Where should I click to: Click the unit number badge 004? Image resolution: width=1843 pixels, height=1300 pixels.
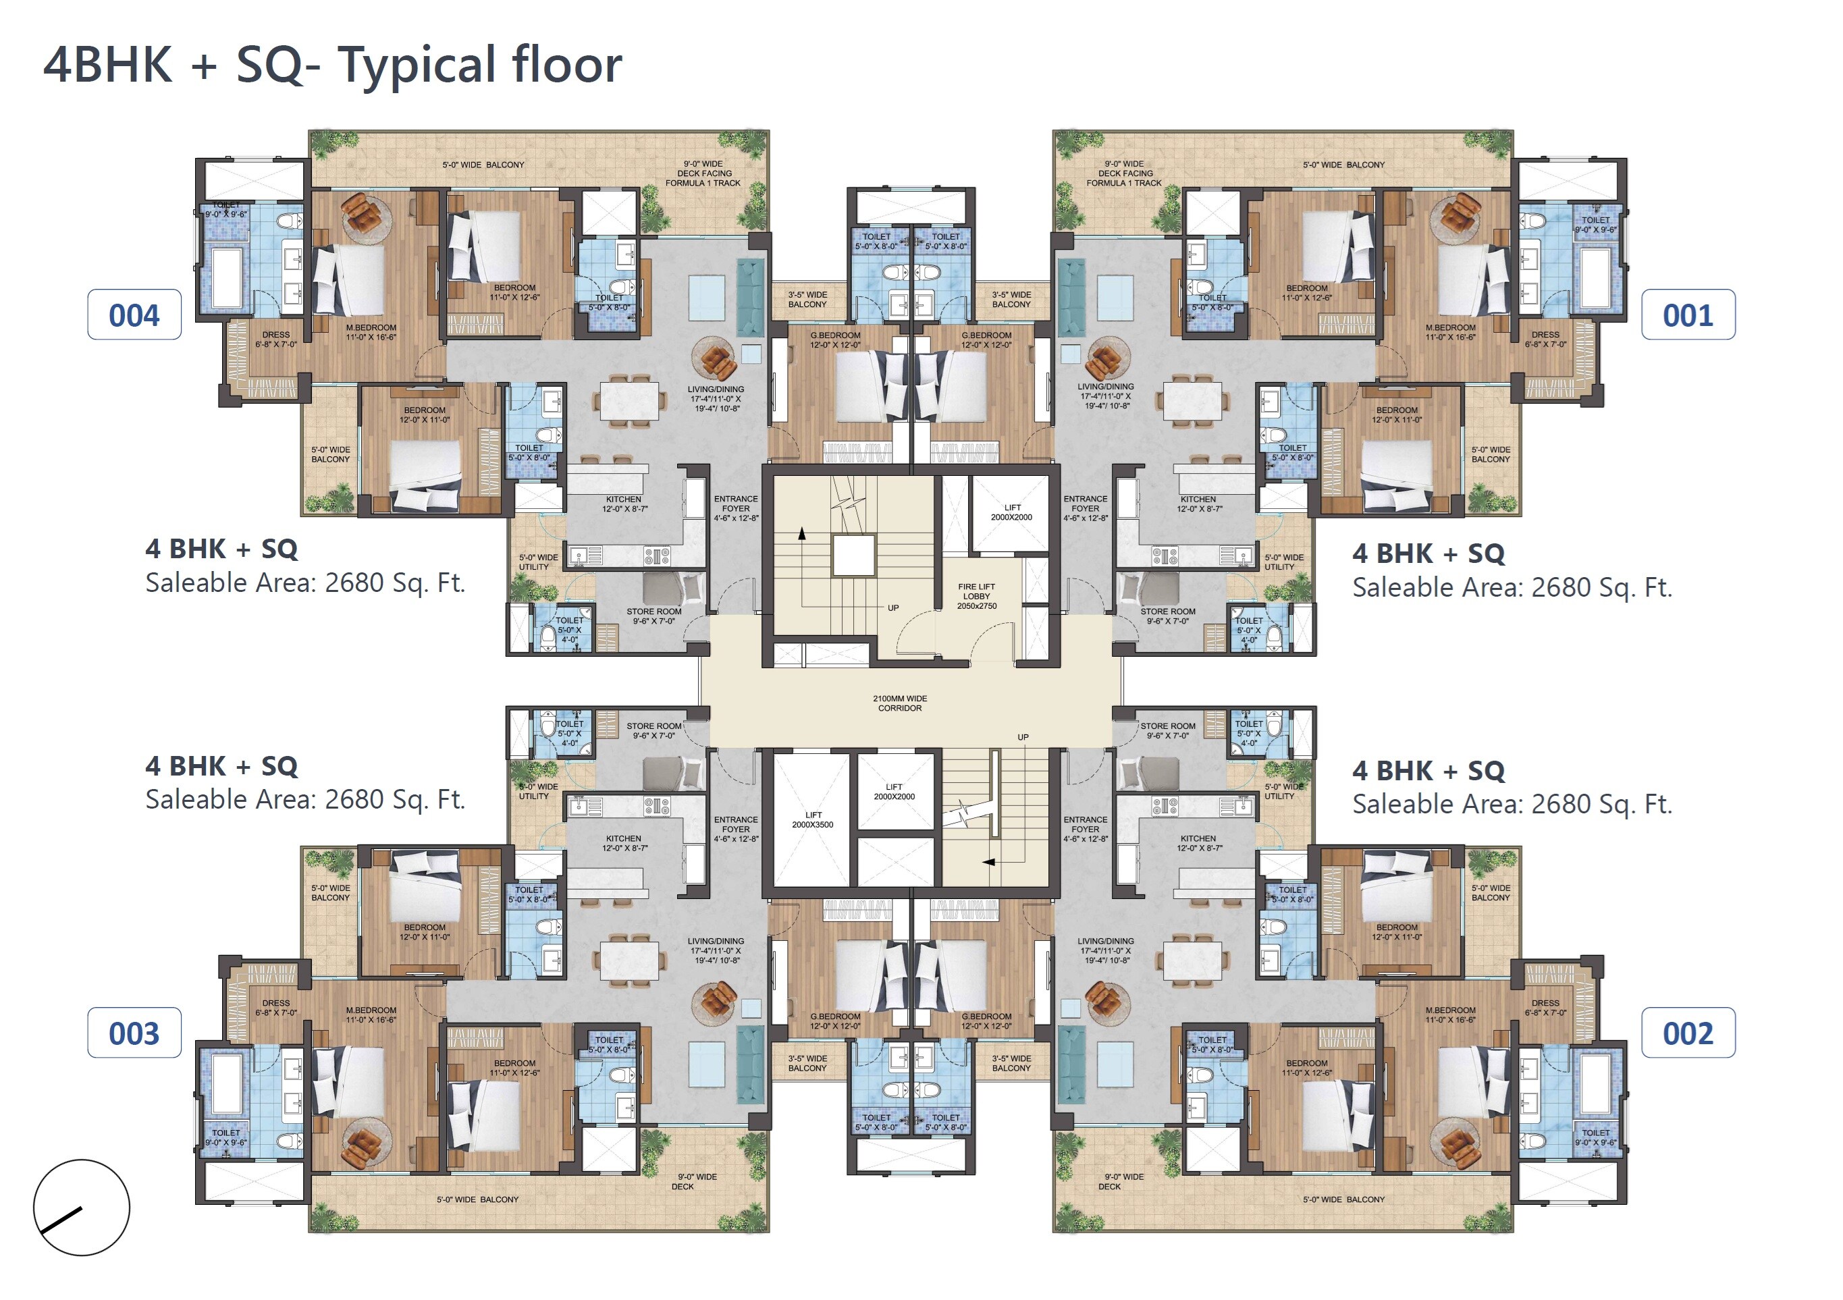pyautogui.click(x=134, y=315)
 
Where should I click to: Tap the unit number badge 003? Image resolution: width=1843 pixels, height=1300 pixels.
pyautogui.click(x=134, y=1033)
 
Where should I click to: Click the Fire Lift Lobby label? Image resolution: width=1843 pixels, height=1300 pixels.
pyautogui.click(x=976, y=596)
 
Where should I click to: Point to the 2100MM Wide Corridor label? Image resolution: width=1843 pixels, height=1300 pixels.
pyautogui.click(x=899, y=703)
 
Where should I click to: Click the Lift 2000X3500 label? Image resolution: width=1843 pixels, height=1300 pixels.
pyautogui.click(x=812, y=819)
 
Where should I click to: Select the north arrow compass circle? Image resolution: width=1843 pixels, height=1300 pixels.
pyautogui.click(x=81, y=1207)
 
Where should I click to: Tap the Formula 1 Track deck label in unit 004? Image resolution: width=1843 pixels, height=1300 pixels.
pyautogui.click(x=703, y=173)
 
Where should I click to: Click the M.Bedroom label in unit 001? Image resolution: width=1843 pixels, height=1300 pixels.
pyautogui.click(x=1449, y=332)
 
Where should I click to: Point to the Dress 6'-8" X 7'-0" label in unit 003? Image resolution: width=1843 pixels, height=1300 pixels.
pyautogui.click(x=276, y=1008)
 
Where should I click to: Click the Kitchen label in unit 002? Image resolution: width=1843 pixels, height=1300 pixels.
pyautogui.click(x=1198, y=842)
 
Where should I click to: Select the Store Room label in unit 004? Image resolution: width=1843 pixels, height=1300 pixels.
pyautogui.click(x=653, y=616)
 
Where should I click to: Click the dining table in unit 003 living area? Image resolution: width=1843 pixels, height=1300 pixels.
pyautogui.click(x=630, y=960)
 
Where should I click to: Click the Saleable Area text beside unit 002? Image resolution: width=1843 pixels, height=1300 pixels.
pyautogui.click(x=1512, y=804)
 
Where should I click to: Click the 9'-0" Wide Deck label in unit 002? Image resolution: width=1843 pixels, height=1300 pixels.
pyautogui.click(x=1122, y=1181)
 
